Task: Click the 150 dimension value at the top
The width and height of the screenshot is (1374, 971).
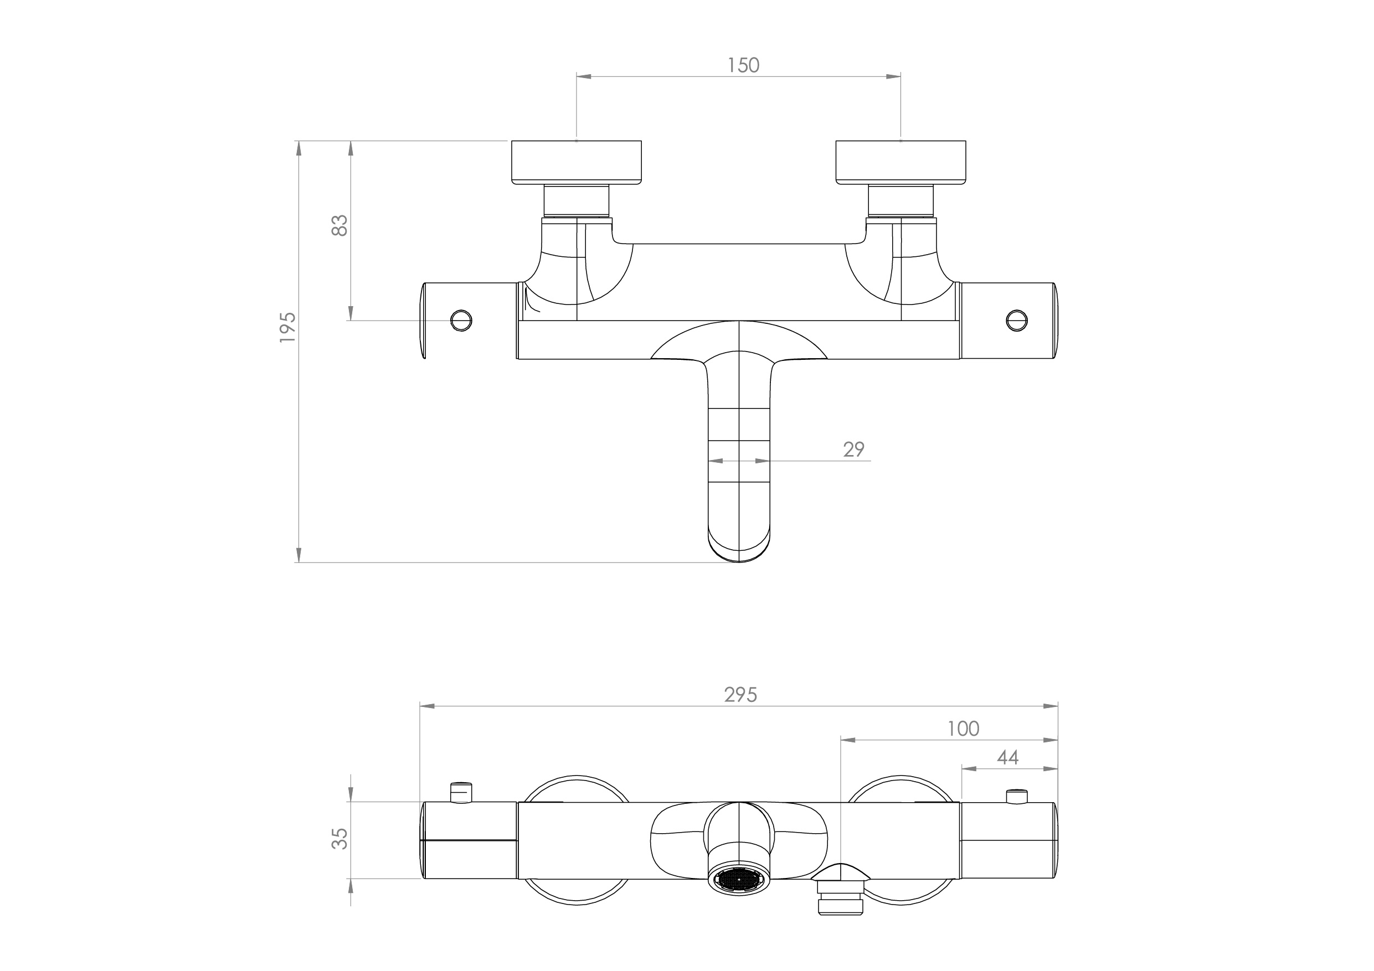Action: (743, 65)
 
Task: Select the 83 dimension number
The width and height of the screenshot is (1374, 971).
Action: (339, 225)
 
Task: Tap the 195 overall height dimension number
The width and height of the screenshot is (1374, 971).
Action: (288, 327)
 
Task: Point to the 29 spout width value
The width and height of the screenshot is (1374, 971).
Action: (854, 450)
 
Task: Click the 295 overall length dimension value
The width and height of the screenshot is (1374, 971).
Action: (741, 695)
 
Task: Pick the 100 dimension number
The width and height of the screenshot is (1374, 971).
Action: (964, 729)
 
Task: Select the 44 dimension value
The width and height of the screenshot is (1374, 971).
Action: (1008, 758)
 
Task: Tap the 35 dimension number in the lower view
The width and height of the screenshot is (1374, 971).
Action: (339, 839)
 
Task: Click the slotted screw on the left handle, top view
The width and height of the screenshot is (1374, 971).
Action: (461, 320)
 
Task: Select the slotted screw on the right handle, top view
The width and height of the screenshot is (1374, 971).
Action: (1017, 320)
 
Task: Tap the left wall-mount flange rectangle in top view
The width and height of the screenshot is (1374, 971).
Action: (577, 162)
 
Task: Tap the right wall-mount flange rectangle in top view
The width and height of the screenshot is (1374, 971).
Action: (900, 162)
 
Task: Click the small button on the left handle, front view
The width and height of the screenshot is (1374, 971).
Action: (460, 792)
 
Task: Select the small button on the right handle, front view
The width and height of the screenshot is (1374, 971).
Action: (1017, 796)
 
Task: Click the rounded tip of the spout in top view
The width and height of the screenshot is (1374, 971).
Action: (740, 554)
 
